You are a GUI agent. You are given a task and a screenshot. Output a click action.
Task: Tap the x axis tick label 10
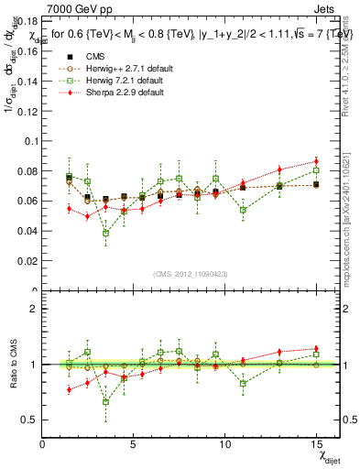225,444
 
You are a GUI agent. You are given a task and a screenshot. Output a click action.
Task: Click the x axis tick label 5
135,444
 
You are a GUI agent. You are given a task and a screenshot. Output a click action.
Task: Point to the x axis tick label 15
316,444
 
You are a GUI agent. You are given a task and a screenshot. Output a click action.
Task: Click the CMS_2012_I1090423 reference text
191,275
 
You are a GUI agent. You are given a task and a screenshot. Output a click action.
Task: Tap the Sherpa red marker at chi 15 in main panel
316,161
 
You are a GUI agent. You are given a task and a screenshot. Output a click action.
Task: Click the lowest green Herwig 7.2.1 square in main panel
106,233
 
